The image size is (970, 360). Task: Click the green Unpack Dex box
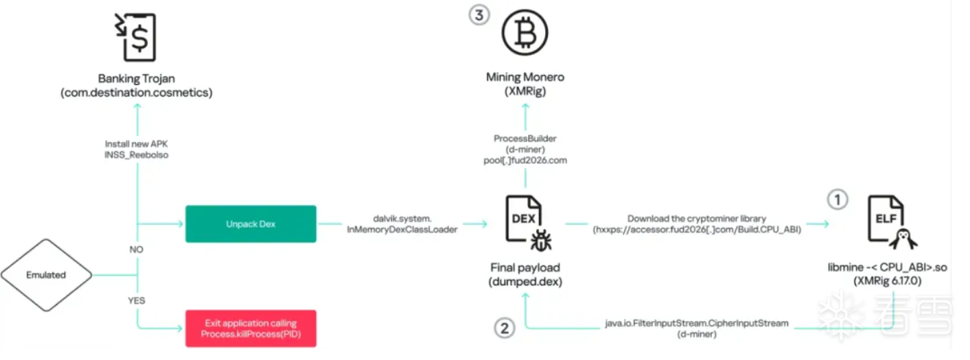(250, 224)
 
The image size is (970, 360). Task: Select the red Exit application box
(250, 329)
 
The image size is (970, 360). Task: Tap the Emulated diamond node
(46, 275)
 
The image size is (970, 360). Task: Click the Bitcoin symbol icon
(525, 32)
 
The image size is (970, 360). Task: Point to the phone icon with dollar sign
(138, 37)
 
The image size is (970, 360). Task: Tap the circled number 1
(838, 198)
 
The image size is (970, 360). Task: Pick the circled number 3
(478, 15)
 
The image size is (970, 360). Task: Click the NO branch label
(136, 250)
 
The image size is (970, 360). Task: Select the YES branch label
(136, 300)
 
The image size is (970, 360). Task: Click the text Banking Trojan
(137, 78)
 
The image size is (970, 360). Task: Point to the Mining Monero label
(525, 77)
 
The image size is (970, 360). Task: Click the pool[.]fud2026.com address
(525, 160)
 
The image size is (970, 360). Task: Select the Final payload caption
(525, 267)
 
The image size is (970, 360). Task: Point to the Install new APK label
(137, 143)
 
